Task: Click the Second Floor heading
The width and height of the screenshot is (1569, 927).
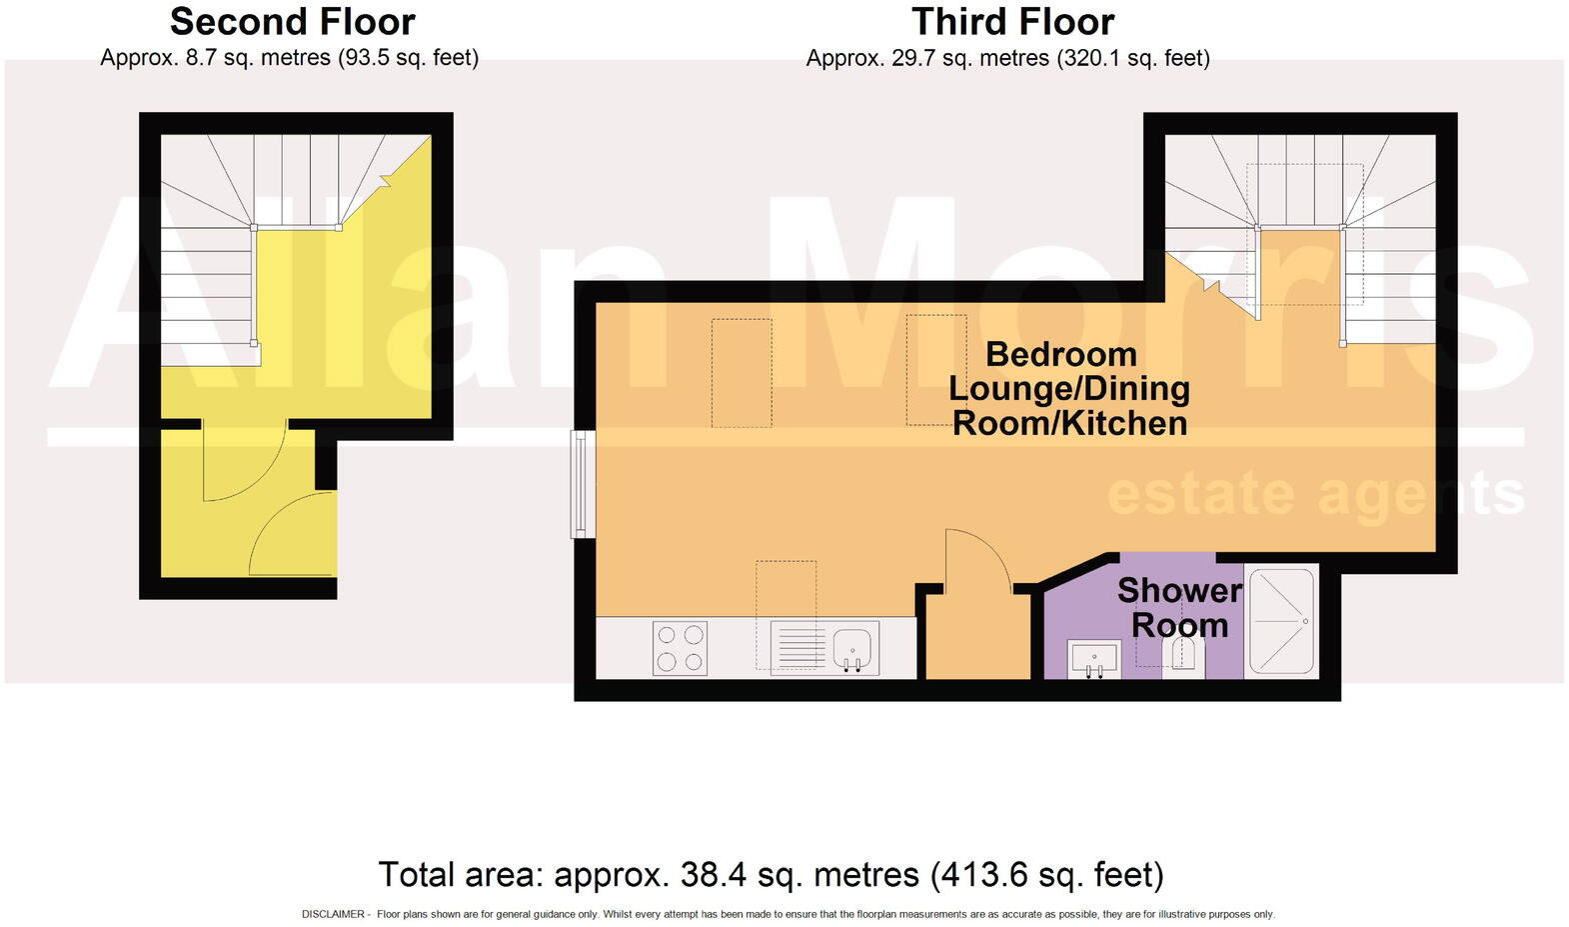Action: point(292,22)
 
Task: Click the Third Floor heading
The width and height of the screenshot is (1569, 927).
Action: point(1012,22)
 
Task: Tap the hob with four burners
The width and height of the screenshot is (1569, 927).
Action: point(680,648)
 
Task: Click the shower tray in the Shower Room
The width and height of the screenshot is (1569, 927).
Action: point(1281,621)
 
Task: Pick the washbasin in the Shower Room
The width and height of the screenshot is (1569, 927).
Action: point(1091,658)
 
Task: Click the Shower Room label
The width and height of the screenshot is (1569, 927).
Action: point(1179,607)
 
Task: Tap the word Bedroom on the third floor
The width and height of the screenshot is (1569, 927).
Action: point(1060,354)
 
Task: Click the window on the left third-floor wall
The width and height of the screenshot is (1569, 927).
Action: point(583,483)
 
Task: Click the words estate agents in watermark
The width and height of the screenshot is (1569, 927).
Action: point(1315,495)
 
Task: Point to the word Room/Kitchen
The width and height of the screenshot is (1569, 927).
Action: point(1069,423)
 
